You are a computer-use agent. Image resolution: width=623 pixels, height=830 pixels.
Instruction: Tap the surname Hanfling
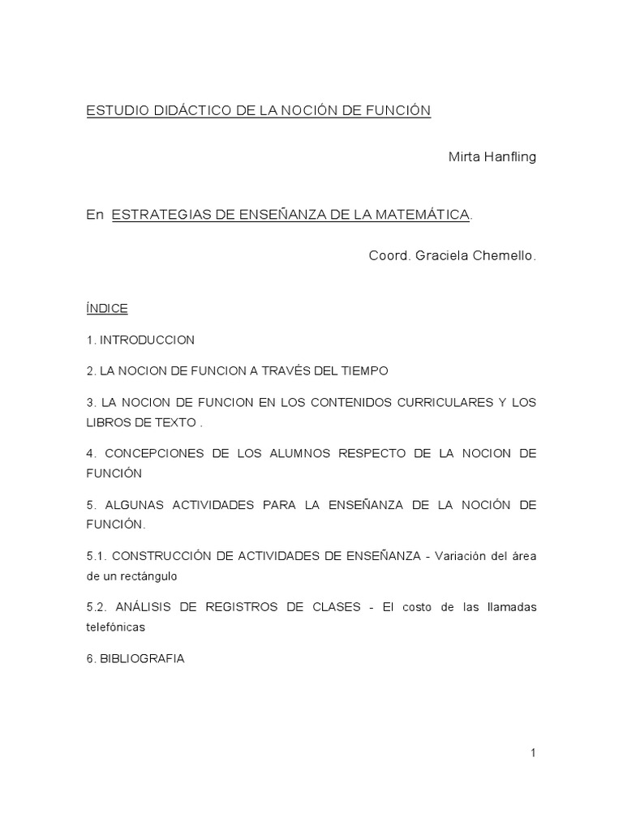pos(509,156)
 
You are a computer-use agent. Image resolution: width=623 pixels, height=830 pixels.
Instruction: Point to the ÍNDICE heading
pos(107,309)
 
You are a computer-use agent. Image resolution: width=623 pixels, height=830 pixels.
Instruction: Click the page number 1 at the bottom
pos(533,753)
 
